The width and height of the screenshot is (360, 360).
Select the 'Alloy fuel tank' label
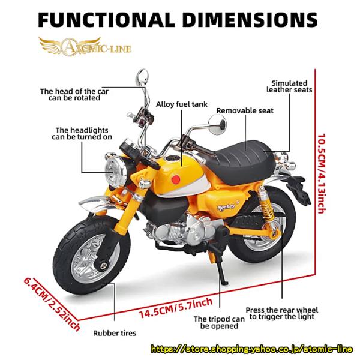click(x=182, y=104)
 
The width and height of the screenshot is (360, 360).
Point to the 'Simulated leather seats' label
click(x=289, y=86)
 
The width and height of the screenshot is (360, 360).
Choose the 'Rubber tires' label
click(x=115, y=332)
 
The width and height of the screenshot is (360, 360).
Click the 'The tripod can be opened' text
click(x=219, y=322)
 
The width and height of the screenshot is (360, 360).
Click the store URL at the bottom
click(x=253, y=348)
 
